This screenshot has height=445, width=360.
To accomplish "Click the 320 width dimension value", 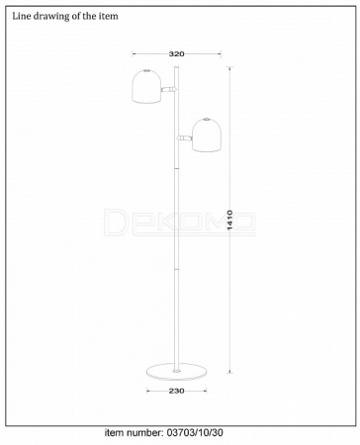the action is pyautogui.click(x=176, y=54).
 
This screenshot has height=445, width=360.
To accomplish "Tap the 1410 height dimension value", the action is pyautogui.click(x=230, y=221).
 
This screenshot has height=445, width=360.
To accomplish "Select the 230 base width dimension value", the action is pyautogui.click(x=176, y=391).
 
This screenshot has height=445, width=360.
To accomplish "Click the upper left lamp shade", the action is pyautogui.click(x=146, y=86).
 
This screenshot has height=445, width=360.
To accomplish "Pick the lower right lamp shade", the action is pyautogui.click(x=207, y=135).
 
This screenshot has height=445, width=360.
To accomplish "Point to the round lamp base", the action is pyautogui.click(x=176, y=371).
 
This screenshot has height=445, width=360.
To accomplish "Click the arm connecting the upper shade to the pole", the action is pyautogui.click(x=169, y=89).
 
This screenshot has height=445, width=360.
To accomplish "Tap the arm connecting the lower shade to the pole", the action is pyautogui.click(x=184, y=137).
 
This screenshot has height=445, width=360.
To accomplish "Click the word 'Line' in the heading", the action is pyautogui.click(x=20, y=16).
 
